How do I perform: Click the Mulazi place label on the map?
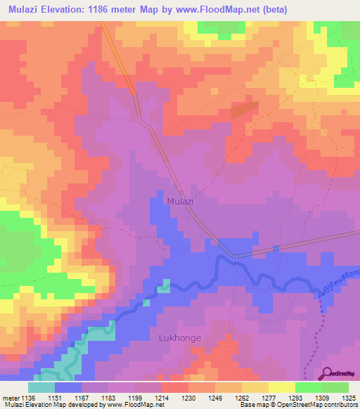click(x=181, y=201)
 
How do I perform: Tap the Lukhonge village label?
click(x=179, y=338)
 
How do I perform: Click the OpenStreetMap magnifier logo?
click(x=328, y=373)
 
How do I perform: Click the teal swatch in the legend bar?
click(x=41, y=387)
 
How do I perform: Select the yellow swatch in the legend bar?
click(x=281, y=387)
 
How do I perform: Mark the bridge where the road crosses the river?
click(x=237, y=261)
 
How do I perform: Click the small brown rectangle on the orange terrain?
click(x=243, y=109)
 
